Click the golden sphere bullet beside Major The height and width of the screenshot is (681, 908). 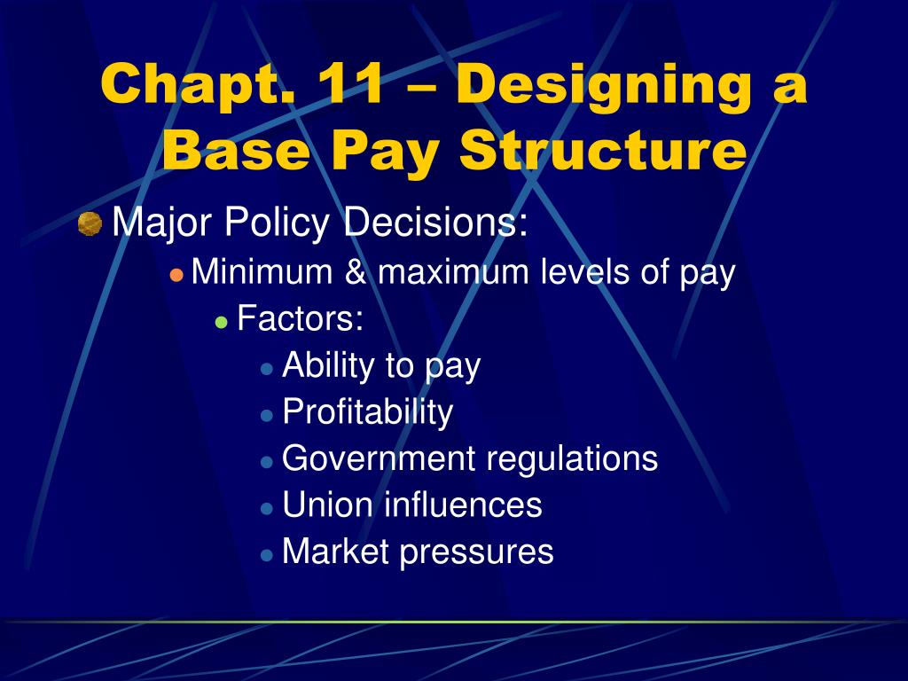pos(90,224)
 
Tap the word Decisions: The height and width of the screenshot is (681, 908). pos(436,223)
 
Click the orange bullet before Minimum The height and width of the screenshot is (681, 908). pos(176,273)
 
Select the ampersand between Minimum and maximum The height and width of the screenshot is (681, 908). pos(355,272)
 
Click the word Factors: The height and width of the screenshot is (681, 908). pos(301,318)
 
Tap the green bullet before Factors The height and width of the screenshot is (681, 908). pos(222,321)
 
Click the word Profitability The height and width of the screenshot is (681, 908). pos(367,412)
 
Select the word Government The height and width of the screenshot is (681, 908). pos(379,458)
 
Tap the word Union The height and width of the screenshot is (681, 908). pos(327,505)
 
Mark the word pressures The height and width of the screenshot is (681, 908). pos(476,552)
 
